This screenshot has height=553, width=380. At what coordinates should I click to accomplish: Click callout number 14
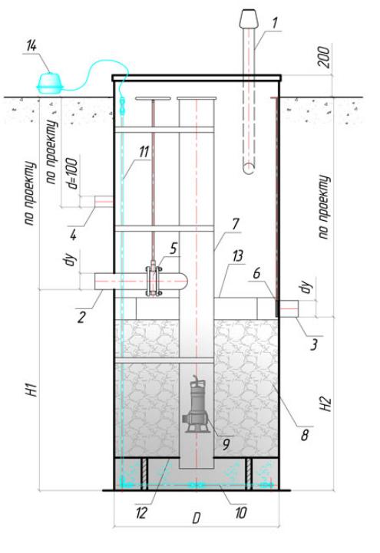coord(31,46)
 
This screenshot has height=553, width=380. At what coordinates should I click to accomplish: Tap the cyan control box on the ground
coord(50,84)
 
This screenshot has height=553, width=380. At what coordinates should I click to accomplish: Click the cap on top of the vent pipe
coord(249,18)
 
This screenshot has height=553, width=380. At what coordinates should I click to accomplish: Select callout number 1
coord(275,22)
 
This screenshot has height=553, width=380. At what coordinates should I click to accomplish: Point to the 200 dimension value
coord(325,57)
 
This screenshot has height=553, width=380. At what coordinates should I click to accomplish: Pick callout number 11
coord(144,152)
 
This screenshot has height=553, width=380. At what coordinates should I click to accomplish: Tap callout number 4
coord(73,234)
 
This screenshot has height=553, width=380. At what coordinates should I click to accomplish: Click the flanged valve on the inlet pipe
coord(154,281)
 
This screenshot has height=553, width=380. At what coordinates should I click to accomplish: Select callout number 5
coord(173,248)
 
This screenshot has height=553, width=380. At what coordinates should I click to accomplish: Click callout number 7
coord(236,224)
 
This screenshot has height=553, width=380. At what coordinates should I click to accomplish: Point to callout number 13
coord(238,255)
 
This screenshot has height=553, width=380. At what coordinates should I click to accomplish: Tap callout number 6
coord(257,272)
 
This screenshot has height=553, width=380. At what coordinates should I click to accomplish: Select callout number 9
coord(226,444)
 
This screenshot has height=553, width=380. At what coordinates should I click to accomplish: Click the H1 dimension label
coord(32,389)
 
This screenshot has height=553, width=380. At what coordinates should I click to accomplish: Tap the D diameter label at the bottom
coord(197,518)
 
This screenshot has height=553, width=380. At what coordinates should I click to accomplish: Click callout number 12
coord(140,512)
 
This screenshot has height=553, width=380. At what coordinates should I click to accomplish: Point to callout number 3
coord(314,344)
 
